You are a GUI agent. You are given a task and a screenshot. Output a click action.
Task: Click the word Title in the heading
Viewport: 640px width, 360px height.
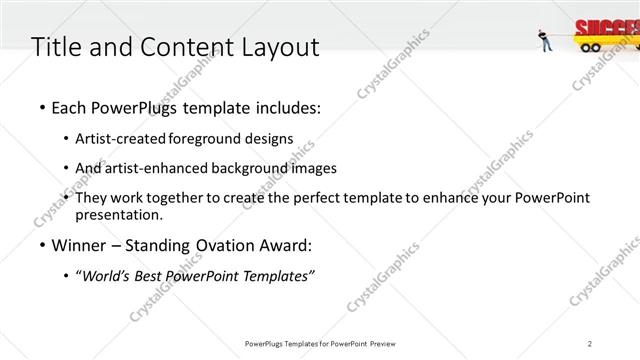click(56, 47)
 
